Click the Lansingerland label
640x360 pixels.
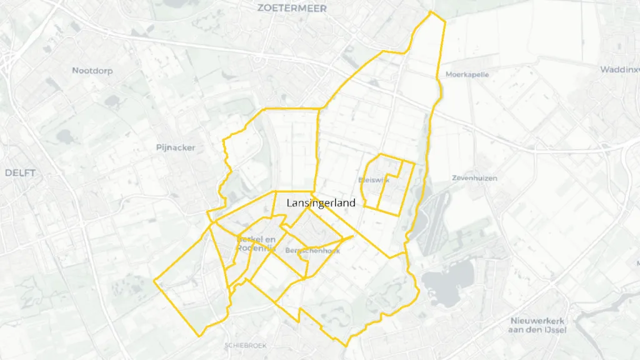pos(321,202)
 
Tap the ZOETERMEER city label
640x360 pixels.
pos(291,8)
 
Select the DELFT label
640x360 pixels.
pos(20,173)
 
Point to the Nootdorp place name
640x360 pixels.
pos(92,71)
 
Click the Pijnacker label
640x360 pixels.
pos(176,148)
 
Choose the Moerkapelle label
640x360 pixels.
pos(467,74)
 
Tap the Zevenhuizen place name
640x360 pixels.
pos(474,178)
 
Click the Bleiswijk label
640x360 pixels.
pos(374,180)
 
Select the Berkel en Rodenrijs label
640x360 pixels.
pos(256,244)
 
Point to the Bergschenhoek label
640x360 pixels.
pos(312,251)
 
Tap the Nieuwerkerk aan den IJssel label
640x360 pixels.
pos(538,325)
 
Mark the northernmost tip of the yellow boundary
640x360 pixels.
pos(431,11)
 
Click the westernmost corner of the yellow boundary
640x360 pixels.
pos(154,281)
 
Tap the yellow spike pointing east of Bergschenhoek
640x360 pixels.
pos(354,236)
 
